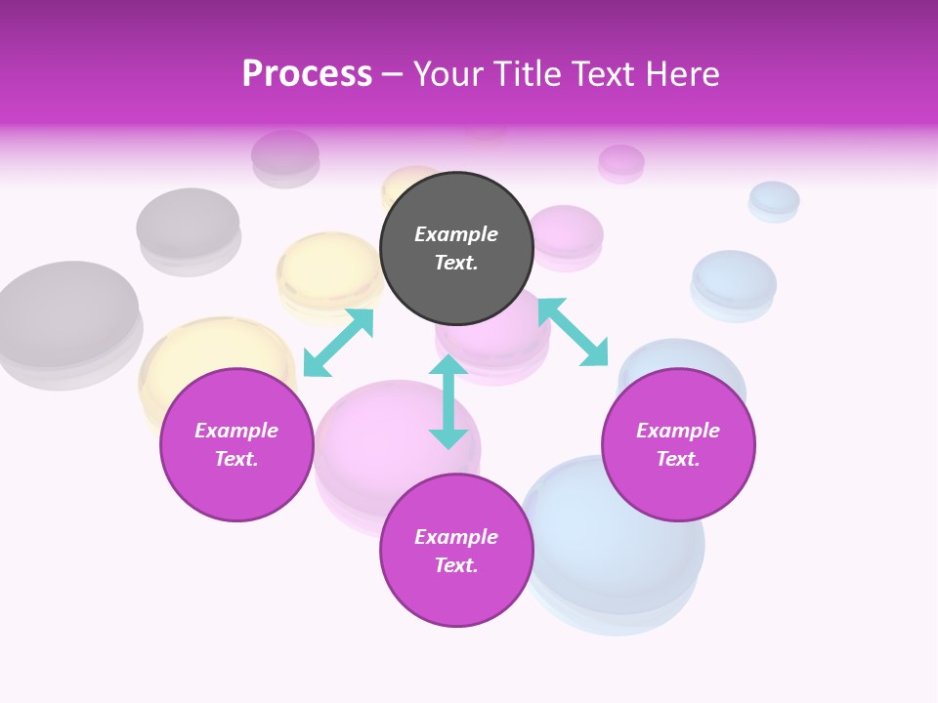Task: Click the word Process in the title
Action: tap(307, 74)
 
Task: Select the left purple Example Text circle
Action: tap(236, 444)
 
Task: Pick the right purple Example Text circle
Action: tap(678, 444)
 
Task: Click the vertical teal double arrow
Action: tap(448, 401)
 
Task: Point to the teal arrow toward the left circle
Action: tap(338, 343)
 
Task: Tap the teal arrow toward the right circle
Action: tap(573, 332)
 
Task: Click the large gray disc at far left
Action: tap(66, 317)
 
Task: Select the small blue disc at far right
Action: tap(774, 199)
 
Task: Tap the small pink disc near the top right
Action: tap(621, 161)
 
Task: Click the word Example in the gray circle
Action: tap(456, 234)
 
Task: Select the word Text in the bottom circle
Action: tap(456, 565)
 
